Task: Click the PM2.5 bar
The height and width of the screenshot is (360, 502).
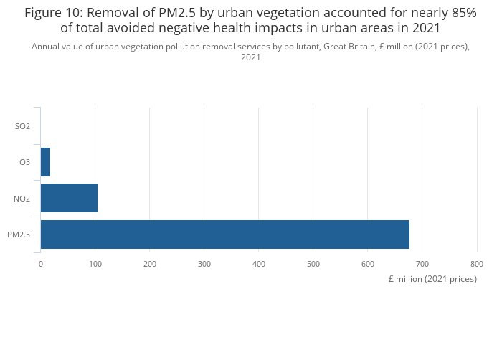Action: click(x=224, y=235)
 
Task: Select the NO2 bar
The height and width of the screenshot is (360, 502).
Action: click(x=69, y=198)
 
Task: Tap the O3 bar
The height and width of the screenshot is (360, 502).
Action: click(x=45, y=162)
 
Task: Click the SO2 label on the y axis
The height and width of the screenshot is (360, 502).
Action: click(x=22, y=126)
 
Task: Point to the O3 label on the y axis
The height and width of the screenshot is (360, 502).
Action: click(x=24, y=162)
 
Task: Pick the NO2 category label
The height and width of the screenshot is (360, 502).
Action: click(x=22, y=199)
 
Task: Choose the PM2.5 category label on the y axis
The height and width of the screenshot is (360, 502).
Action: click(x=19, y=235)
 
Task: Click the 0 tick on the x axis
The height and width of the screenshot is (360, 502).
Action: click(x=41, y=264)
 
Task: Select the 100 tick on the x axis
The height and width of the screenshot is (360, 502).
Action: click(x=95, y=264)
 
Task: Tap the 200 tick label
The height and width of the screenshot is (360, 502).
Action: click(x=150, y=264)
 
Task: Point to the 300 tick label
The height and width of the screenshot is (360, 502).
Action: click(x=204, y=264)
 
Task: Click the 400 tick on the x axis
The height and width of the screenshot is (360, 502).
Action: click(x=259, y=264)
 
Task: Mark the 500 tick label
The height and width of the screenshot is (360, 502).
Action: click(x=313, y=264)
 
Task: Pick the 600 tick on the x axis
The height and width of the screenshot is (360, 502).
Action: click(x=368, y=264)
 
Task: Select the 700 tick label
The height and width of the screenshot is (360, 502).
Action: click(x=422, y=264)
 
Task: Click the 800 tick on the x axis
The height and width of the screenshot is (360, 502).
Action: click(x=477, y=264)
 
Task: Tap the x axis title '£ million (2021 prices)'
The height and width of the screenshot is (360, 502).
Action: click(x=432, y=279)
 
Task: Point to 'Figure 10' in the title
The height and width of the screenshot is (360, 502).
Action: click(x=52, y=13)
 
